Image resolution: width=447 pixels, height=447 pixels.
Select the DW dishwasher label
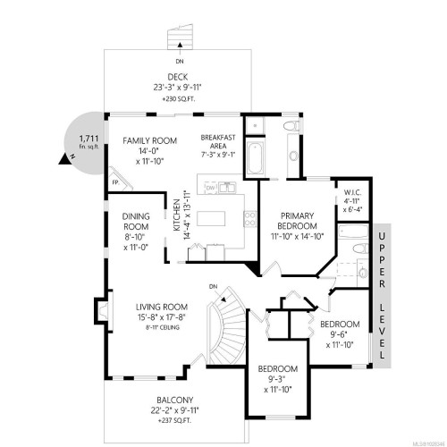click(210, 190)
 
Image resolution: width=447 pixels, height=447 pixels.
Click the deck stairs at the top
click(181, 38)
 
